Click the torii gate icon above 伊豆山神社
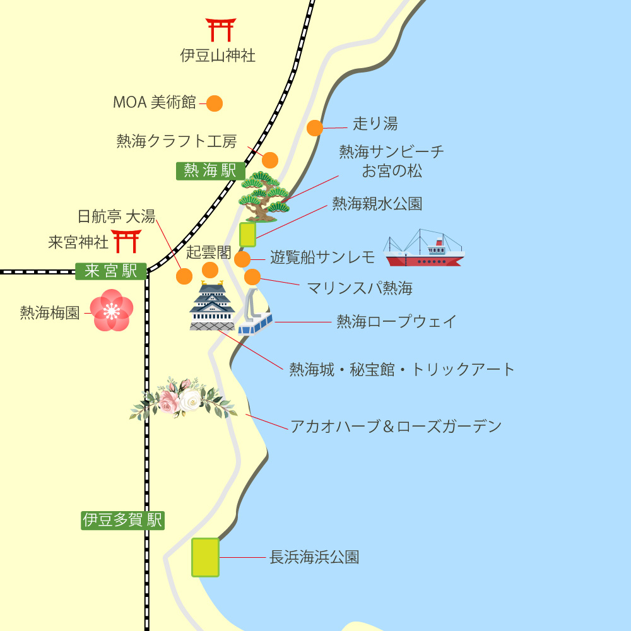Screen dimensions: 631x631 (221, 30)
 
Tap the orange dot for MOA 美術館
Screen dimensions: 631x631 (215, 103)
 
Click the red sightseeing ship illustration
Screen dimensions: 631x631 (424, 249)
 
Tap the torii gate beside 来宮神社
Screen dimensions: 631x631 (126, 242)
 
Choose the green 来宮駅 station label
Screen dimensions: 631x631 (111, 271)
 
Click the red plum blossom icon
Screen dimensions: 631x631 (112, 310)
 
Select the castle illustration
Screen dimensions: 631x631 (212, 307)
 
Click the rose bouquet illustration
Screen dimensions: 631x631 (181, 399)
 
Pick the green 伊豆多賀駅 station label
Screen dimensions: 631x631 (122, 520)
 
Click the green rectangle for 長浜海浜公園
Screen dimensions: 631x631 (205, 557)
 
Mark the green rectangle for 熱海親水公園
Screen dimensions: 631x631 (247, 234)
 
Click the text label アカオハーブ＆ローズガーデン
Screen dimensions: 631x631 (396, 427)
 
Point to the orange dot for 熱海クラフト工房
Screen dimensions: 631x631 (270, 160)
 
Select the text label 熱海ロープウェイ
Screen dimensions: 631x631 (396, 322)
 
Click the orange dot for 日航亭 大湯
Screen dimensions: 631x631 (184, 276)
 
